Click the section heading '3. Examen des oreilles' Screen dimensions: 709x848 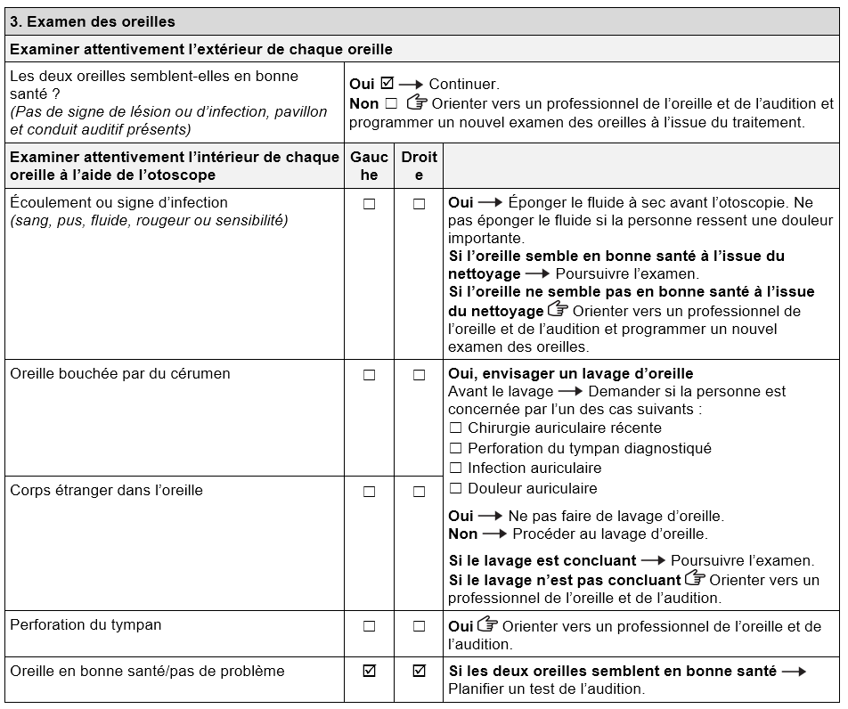click(x=93, y=21)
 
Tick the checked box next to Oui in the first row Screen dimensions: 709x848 click(x=387, y=84)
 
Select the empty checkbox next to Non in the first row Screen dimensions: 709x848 click(x=391, y=104)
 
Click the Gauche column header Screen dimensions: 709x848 click(x=369, y=166)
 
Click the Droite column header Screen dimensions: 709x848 click(x=419, y=166)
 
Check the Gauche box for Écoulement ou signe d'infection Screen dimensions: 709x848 click(x=369, y=204)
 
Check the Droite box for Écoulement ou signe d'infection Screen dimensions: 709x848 click(x=419, y=204)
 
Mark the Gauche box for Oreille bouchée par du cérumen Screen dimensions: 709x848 click(x=369, y=375)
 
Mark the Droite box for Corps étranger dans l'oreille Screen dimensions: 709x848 click(x=419, y=492)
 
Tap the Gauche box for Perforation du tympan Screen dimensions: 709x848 click(x=369, y=626)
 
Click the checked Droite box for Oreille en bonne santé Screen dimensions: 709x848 click(x=419, y=672)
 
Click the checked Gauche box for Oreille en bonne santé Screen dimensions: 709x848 click(x=369, y=672)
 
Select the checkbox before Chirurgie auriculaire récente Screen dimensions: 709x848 click(x=456, y=428)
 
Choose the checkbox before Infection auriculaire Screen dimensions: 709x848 click(x=456, y=469)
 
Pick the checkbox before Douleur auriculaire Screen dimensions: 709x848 click(x=456, y=488)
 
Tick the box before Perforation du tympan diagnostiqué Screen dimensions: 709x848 click(x=456, y=449)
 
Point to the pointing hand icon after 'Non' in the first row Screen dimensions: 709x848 click(x=416, y=103)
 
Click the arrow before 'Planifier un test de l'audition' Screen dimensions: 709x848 click(x=794, y=672)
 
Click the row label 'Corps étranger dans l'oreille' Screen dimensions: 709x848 click(x=107, y=490)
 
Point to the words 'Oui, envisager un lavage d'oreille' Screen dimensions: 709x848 click(x=570, y=373)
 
